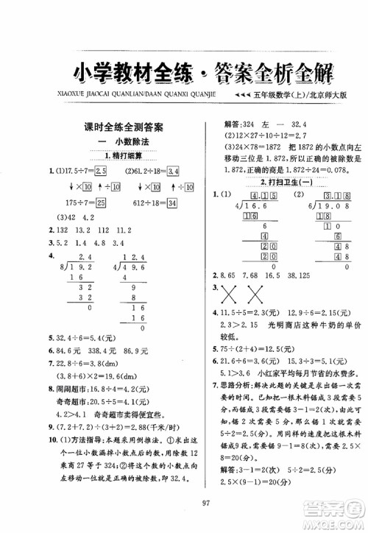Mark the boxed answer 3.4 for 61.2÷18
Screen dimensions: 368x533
[x=174, y=172]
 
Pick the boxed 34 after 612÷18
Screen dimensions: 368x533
[x=174, y=202]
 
